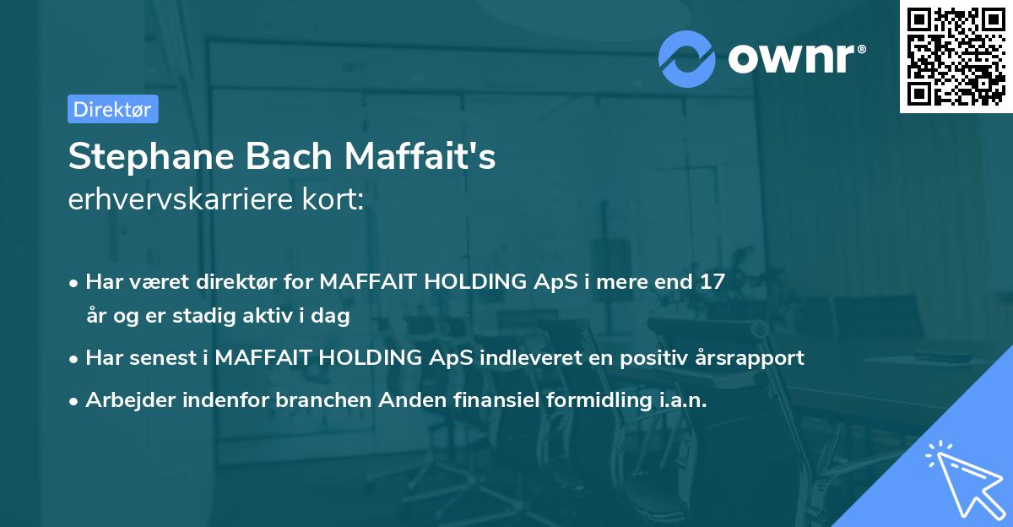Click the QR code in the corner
click(956, 57)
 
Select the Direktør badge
click(112, 109)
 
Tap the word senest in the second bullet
click(157, 357)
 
